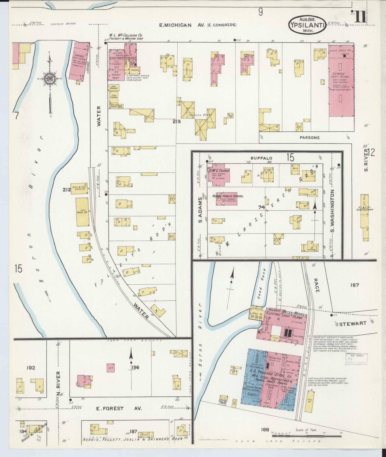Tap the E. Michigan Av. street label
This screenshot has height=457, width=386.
point(197,25)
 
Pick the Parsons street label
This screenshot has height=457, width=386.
point(309,138)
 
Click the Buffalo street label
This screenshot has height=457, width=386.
point(261,158)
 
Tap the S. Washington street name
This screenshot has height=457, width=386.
point(333,211)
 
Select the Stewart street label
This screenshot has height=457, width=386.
point(353,323)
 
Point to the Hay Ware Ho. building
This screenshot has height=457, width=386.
point(82,212)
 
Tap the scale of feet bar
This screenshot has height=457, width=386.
point(307,436)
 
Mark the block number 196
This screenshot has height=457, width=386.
point(135,367)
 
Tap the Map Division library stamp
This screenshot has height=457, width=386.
point(356,359)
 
